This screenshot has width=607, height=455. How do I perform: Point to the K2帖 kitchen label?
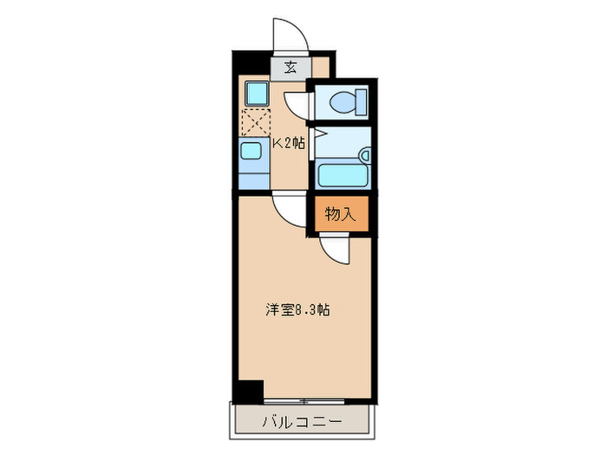tap(289, 144)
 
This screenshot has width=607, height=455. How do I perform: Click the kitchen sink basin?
tap(251, 153)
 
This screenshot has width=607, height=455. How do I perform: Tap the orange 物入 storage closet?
tap(341, 213)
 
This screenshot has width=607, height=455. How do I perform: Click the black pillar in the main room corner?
tap(251, 390)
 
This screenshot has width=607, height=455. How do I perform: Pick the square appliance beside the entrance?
tap(255, 92)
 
